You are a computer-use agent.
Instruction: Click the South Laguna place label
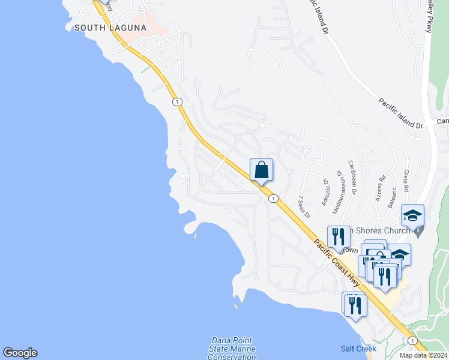[110, 28]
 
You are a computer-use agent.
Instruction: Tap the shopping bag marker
[261, 170]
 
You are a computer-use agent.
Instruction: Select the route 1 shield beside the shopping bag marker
[273, 199]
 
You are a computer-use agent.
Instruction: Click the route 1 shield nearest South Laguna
[177, 102]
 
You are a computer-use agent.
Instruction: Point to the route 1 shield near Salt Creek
[412, 340]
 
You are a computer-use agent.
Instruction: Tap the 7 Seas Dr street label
[303, 206]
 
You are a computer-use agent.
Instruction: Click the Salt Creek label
[358, 349]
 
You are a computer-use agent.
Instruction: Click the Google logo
[20, 353]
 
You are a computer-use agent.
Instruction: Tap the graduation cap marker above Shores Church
[413, 215]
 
